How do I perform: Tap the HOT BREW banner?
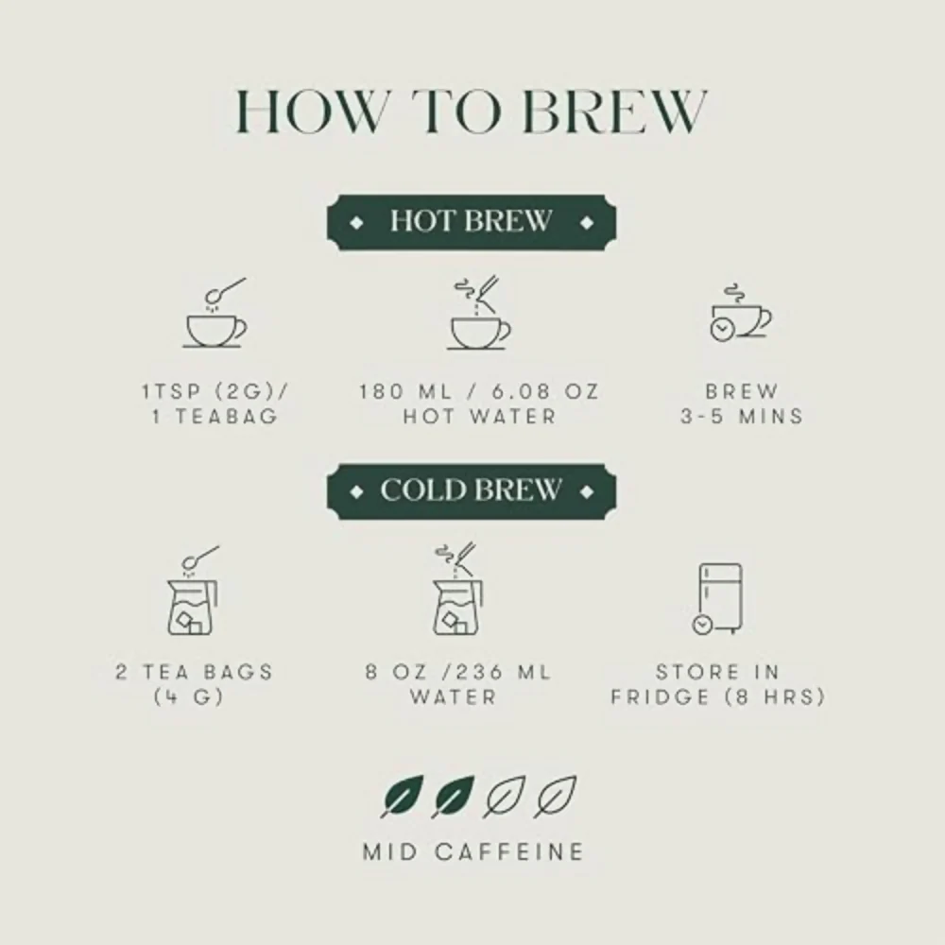(x=472, y=222)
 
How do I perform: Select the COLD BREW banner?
(x=472, y=491)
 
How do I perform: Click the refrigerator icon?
(x=718, y=599)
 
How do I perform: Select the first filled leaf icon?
(x=402, y=797)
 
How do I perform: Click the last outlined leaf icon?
(x=555, y=797)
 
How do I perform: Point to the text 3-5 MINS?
(x=742, y=417)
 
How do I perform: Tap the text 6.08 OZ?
(x=546, y=392)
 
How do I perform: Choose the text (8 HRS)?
(x=775, y=697)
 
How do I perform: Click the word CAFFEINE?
(x=510, y=852)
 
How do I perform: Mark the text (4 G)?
(x=189, y=697)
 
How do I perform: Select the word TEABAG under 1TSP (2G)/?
(x=227, y=417)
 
